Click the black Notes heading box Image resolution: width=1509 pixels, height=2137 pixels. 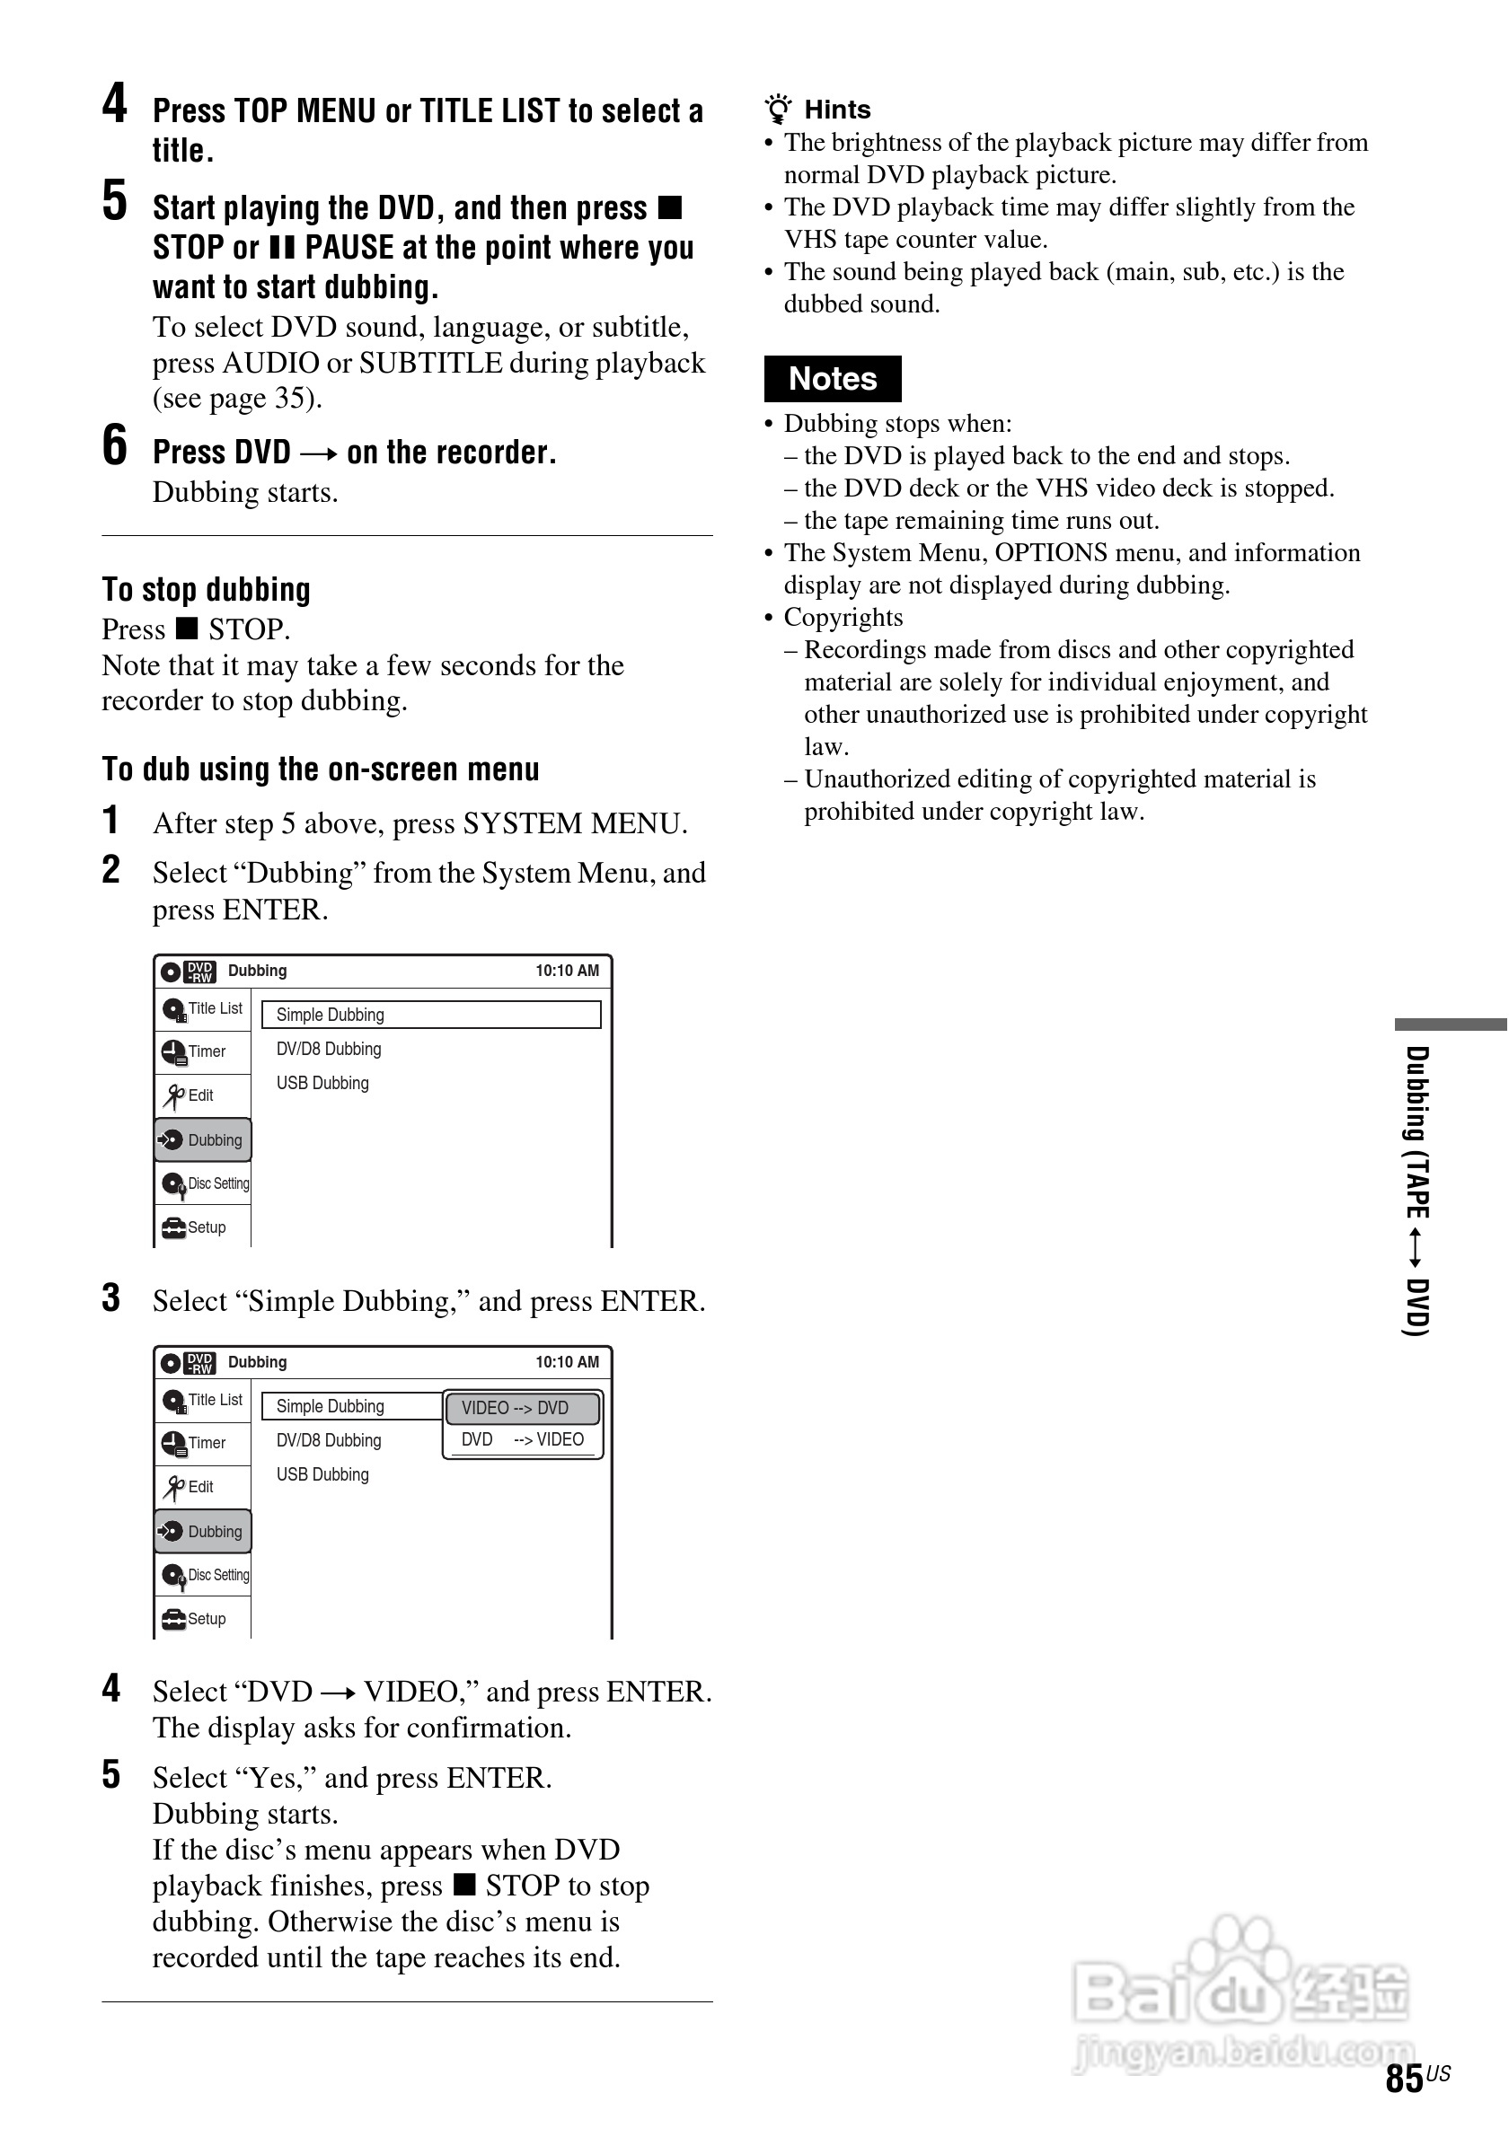833,379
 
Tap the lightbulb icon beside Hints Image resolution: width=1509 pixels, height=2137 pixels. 778,109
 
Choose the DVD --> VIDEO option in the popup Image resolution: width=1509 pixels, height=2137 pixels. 522,1440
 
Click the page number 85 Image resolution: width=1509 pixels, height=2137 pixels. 1404,2078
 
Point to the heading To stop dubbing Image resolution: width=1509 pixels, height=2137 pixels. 206,590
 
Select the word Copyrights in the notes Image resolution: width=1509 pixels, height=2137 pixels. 843,617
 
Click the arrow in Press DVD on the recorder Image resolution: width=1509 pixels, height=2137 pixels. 318,454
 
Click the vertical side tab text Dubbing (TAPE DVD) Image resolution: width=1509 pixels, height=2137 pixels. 1416,1191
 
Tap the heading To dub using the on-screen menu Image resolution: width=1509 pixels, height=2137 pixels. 321,769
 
